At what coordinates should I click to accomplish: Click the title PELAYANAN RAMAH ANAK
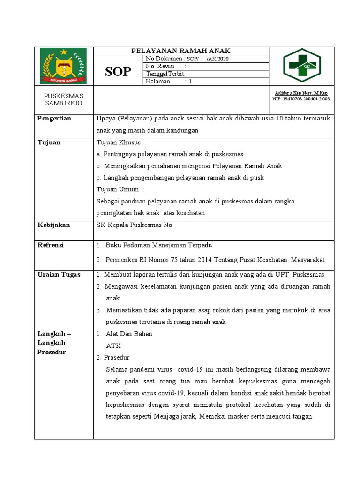point(180,51)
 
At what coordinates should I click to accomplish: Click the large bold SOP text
point(118,71)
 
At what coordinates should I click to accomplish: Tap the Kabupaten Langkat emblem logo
point(63,66)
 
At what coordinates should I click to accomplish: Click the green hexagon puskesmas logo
point(301,66)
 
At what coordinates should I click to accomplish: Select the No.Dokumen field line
point(187,59)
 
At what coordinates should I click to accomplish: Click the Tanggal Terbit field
point(166,74)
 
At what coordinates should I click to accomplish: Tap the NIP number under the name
point(301,99)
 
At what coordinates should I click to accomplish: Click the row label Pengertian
point(54,119)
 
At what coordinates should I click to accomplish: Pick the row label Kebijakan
point(53,225)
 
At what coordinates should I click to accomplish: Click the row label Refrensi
point(51,245)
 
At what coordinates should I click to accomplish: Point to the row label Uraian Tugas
point(59,274)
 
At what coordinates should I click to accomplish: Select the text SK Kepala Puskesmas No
point(134,225)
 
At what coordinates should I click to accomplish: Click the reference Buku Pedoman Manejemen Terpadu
point(159,245)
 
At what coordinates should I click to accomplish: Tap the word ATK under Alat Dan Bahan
point(113,345)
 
